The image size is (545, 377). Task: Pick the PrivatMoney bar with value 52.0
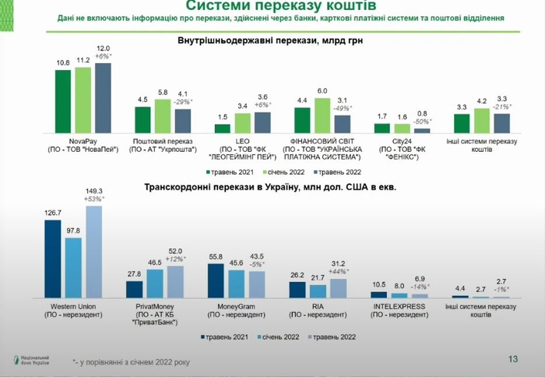(x=175, y=282)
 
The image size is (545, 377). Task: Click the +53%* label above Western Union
(x=94, y=199)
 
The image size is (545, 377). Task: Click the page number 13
(x=512, y=359)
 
